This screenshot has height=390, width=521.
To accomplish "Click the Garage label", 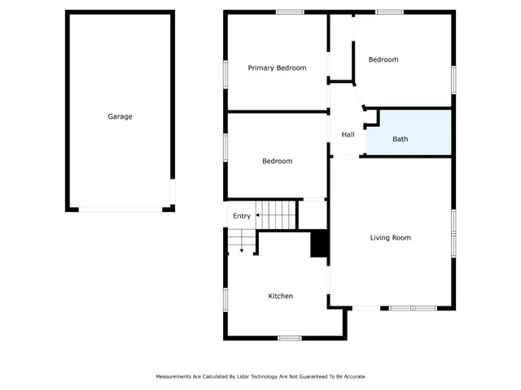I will pyautogui.click(x=120, y=116).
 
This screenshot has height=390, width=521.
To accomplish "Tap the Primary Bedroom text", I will pyautogui.click(x=277, y=68).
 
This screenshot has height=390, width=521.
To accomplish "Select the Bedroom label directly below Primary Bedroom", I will pyautogui.click(x=277, y=161).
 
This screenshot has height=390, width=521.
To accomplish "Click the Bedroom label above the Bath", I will pyautogui.click(x=383, y=59).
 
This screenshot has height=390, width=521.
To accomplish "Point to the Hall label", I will pyautogui.click(x=348, y=135).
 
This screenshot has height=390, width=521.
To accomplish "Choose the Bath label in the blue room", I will pyautogui.click(x=401, y=139).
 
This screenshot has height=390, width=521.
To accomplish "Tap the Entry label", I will pyautogui.click(x=242, y=216).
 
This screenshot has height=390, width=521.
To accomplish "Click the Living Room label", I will pyautogui.click(x=390, y=238).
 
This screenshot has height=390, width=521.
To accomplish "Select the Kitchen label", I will pyautogui.click(x=280, y=297).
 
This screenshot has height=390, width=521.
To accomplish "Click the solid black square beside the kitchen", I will pyautogui.click(x=319, y=244).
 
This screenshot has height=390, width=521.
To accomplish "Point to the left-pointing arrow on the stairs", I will pyautogui.click(x=258, y=216).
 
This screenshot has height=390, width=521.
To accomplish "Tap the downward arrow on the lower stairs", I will pyautogui.click(x=241, y=249).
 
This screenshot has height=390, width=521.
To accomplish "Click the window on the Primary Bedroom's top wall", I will pyautogui.click(x=290, y=12).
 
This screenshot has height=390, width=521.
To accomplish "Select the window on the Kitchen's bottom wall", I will pyautogui.click(x=290, y=338).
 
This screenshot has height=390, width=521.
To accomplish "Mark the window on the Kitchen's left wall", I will pyautogui.click(x=225, y=298).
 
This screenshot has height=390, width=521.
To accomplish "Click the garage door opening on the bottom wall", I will pyautogui.click(x=120, y=210).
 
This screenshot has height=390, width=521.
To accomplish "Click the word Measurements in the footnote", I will pyautogui.click(x=176, y=377).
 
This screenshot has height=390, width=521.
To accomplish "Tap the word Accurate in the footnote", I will pyautogui.click(x=352, y=377).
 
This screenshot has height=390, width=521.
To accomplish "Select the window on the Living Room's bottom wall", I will pyautogui.click(x=413, y=308).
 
